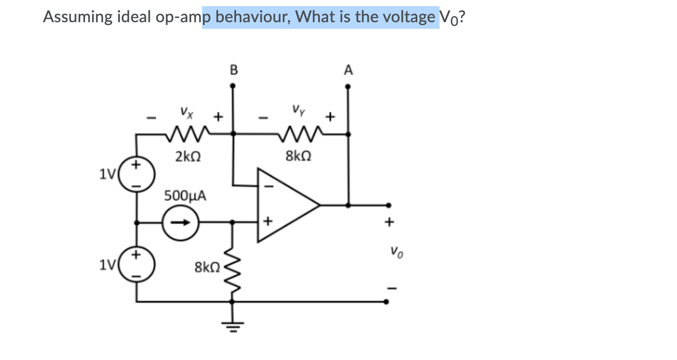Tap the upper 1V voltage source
(136, 175)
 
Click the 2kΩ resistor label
(189, 156)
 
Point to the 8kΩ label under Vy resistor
(298, 156)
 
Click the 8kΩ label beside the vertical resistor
(207, 268)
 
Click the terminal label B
(233, 70)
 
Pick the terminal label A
(348, 70)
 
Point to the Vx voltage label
(186, 113)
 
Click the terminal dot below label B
(232, 86)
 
